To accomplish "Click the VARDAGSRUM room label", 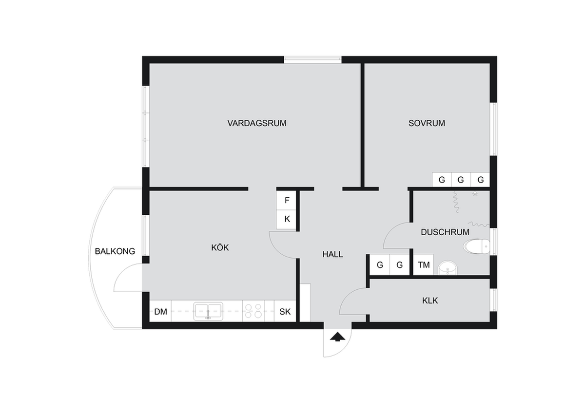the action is (257, 123).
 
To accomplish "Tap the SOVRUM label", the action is (427, 123).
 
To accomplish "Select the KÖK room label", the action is (220, 247).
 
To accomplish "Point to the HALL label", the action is (332, 254).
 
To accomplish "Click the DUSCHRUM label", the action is (445, 232).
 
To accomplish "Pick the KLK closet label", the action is (430, 300).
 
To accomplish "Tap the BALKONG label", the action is (115, 251).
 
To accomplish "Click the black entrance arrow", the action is (337, 337).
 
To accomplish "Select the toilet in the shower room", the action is (476, 246).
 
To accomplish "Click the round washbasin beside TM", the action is (448, 268).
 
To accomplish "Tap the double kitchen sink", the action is (208, 311).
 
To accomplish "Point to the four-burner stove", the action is (253, 311).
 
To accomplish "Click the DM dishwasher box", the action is (160, 311).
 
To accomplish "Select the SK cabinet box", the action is (285, 311).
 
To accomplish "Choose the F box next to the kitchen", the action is (287, 200).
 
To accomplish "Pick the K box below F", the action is (287, 220).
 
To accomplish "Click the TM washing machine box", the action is (423, 264).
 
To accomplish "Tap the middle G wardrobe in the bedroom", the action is (461, 180).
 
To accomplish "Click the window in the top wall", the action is (312, 59).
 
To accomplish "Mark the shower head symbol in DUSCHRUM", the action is (475, 193).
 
